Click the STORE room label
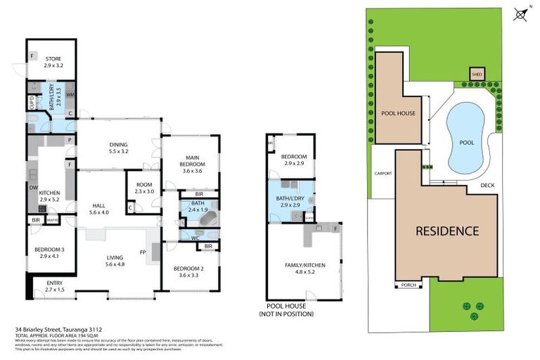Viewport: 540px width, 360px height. [x=53, y=59]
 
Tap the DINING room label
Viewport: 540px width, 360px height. [x=117, y=145]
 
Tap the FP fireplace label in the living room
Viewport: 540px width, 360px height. [x=142, y=251]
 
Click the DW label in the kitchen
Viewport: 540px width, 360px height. [x=33, y=188]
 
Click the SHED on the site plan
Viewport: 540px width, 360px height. [x=477, y=73]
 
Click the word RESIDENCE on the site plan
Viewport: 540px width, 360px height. [x=446, y=231]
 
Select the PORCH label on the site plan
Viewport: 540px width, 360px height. [x=409, y=285]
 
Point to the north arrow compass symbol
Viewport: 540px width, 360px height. [x=520, y=13]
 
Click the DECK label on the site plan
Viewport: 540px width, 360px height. [x=487, y=186]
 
